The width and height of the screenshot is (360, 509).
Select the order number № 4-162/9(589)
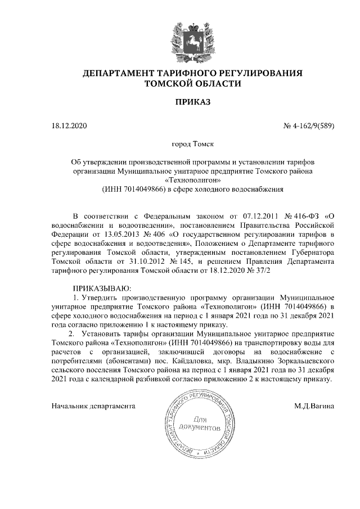coord(309,125)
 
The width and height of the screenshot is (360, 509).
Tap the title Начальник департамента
coord(94,405)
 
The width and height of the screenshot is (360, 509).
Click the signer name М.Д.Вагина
coord(314,405)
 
